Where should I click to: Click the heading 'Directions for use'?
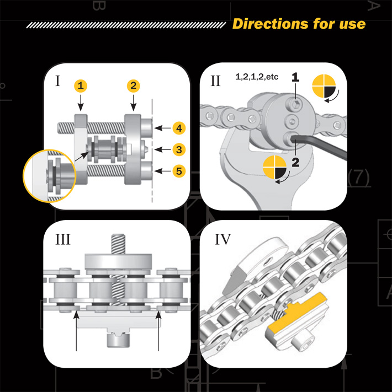[299, 24]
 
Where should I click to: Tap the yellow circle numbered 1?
[81, 86]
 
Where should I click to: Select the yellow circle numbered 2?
[134, 86]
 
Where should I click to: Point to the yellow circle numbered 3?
[178, 149]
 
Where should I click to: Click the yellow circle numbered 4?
[178, 128]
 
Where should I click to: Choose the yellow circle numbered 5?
[178, 171]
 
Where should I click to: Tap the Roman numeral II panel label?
[215, 81]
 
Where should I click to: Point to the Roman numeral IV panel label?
[223, 239]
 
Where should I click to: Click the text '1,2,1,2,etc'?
[256, 77]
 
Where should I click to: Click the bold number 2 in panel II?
[296, 162]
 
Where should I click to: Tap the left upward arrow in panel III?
[76, 331]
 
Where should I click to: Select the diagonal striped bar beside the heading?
[126, 25]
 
